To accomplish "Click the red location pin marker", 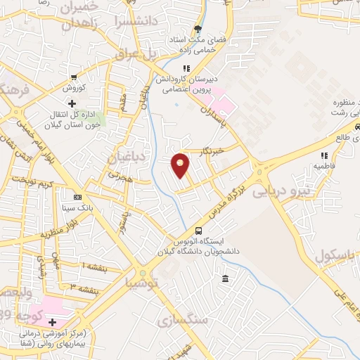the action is tap(181, 165).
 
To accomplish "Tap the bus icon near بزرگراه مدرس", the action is tap(199, 231).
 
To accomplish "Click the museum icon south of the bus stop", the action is tap(224, 280).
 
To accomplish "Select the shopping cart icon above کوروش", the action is tap(74, 77).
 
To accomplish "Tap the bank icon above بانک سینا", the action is tap(77, 197).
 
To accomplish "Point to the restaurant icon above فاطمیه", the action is tap(323, 155).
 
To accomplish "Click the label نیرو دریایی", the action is tap(280, 190).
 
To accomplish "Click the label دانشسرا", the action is tap(137, 22).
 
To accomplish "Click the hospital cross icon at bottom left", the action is tap(53, 322).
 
